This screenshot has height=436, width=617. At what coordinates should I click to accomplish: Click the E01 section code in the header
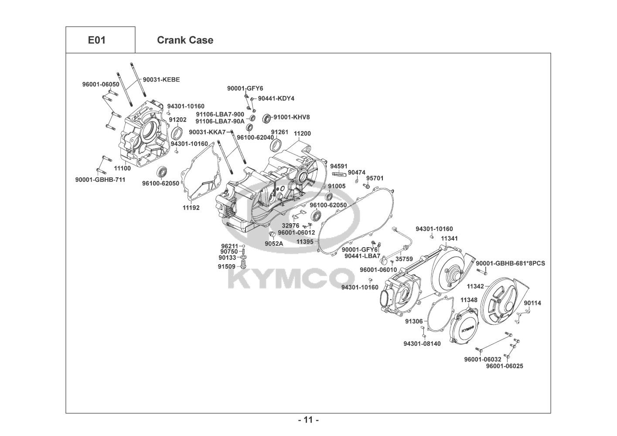pyautogui.click(x=97, y=40)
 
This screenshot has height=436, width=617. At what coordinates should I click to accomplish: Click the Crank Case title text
pyautogui.click(x=185, y=40)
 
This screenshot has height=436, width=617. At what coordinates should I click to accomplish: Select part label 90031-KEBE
pyautogui.click(x=161, y=80)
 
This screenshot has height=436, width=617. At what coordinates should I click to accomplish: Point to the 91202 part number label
pyautogui.click(x=177, y=120)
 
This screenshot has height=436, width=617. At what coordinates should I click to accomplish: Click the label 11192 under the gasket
pyautogui.click(x=191, y=208)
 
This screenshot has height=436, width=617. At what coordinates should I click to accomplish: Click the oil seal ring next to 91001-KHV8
pyautogui.click(x=266, y=118)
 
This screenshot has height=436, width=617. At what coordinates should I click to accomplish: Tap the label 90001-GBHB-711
pyautogui.click(x=100, y=180)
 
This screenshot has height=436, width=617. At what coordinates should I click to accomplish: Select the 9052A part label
pyautogui.click(x=274, y=244)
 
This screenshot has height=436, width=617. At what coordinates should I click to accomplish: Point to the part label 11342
pyautogui.click(x=475, y=286)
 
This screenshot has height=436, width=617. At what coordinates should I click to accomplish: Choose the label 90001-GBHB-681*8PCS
pyautogui.click(x=511, y=264)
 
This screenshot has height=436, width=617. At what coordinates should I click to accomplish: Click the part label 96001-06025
pyautogui.click(x=505, y=366)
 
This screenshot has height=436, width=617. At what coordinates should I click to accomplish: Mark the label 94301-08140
pyautogui.click(x=422, y=344)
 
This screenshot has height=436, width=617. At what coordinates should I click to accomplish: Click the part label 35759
pyautogui.click(x=404, y=259)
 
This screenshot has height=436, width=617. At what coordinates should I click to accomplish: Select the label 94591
pyautogui.click(x=339, y=167)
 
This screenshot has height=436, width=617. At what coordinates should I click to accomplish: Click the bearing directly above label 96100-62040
pyautogui.click(x=249, y=127)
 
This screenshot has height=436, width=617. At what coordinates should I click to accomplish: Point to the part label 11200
pyautogui.click(x=302, y=133)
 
